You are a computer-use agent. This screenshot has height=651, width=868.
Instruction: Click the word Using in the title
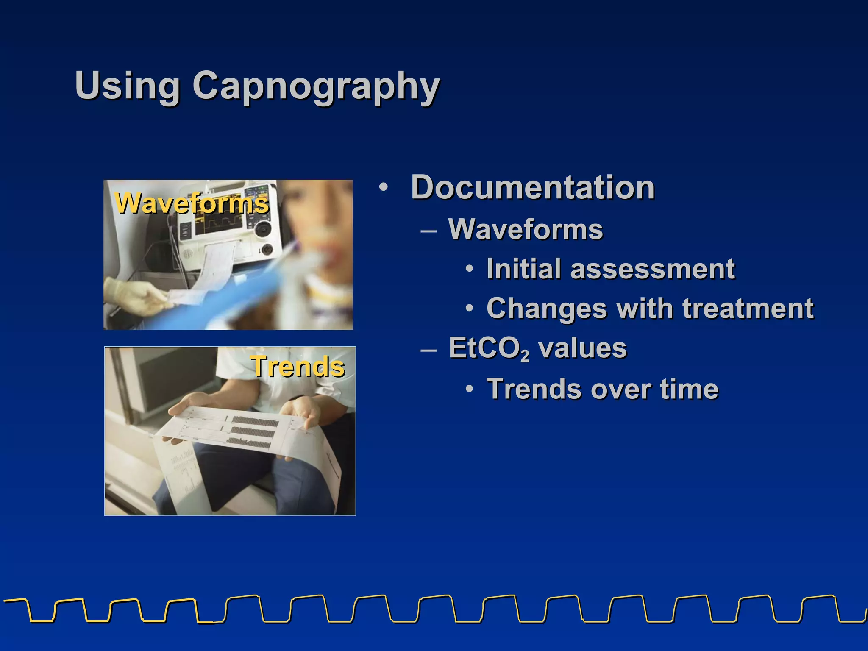pyautogui.click(x=127, y=86)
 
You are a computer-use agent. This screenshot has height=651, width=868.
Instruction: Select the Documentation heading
pyautogui.click(x=533, y=187)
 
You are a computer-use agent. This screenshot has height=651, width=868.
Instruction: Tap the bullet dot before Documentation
pyautogui.click(x=384, y=187)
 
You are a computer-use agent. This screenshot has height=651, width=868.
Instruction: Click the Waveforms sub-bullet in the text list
pyautogui.click(x=526, y=230)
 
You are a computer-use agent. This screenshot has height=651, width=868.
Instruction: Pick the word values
pyautogui.click(x=582, y=348)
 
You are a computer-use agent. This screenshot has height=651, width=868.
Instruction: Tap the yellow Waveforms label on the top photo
pyautogui.click(x=192, y=203)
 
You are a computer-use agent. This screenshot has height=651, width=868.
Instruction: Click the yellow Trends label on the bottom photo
pyautogui.click(x=298, y=366)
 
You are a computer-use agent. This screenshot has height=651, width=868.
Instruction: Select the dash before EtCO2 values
pyautogui.click(x=428, y=350)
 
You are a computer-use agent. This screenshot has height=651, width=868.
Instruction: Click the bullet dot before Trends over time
pyautogui.click(x=469, y=389)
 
